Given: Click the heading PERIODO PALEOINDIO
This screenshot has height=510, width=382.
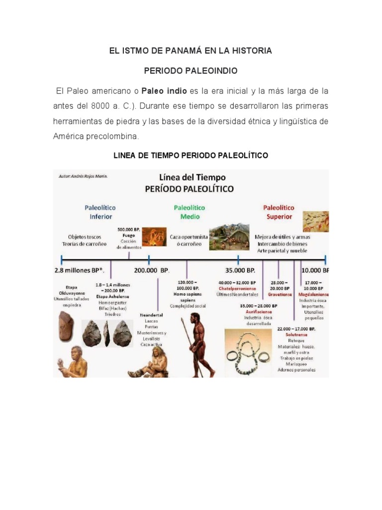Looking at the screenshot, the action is (x=191, y=71).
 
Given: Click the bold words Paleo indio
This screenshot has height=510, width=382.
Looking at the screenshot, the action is (x=164, y=91).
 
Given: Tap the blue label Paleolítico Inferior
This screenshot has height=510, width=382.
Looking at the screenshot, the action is (x=100, y=212).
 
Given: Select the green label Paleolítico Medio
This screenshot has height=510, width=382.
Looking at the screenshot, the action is (x=190, y=212).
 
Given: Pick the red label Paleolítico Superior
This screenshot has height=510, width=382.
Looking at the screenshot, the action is (x=279, y=212).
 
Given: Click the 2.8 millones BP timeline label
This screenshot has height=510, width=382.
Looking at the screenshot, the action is (x=80, y=270).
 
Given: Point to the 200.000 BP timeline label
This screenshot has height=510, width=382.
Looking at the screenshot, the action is (x=152, y=270).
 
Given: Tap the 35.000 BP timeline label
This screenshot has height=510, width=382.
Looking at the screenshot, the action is (x=240, y=270).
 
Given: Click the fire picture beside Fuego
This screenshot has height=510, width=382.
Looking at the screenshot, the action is (x=155, y=237).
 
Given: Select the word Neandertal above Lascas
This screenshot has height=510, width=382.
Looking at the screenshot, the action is (x=152, y=315).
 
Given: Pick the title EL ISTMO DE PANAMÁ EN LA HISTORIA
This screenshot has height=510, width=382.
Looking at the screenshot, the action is (x=191, y=51).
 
